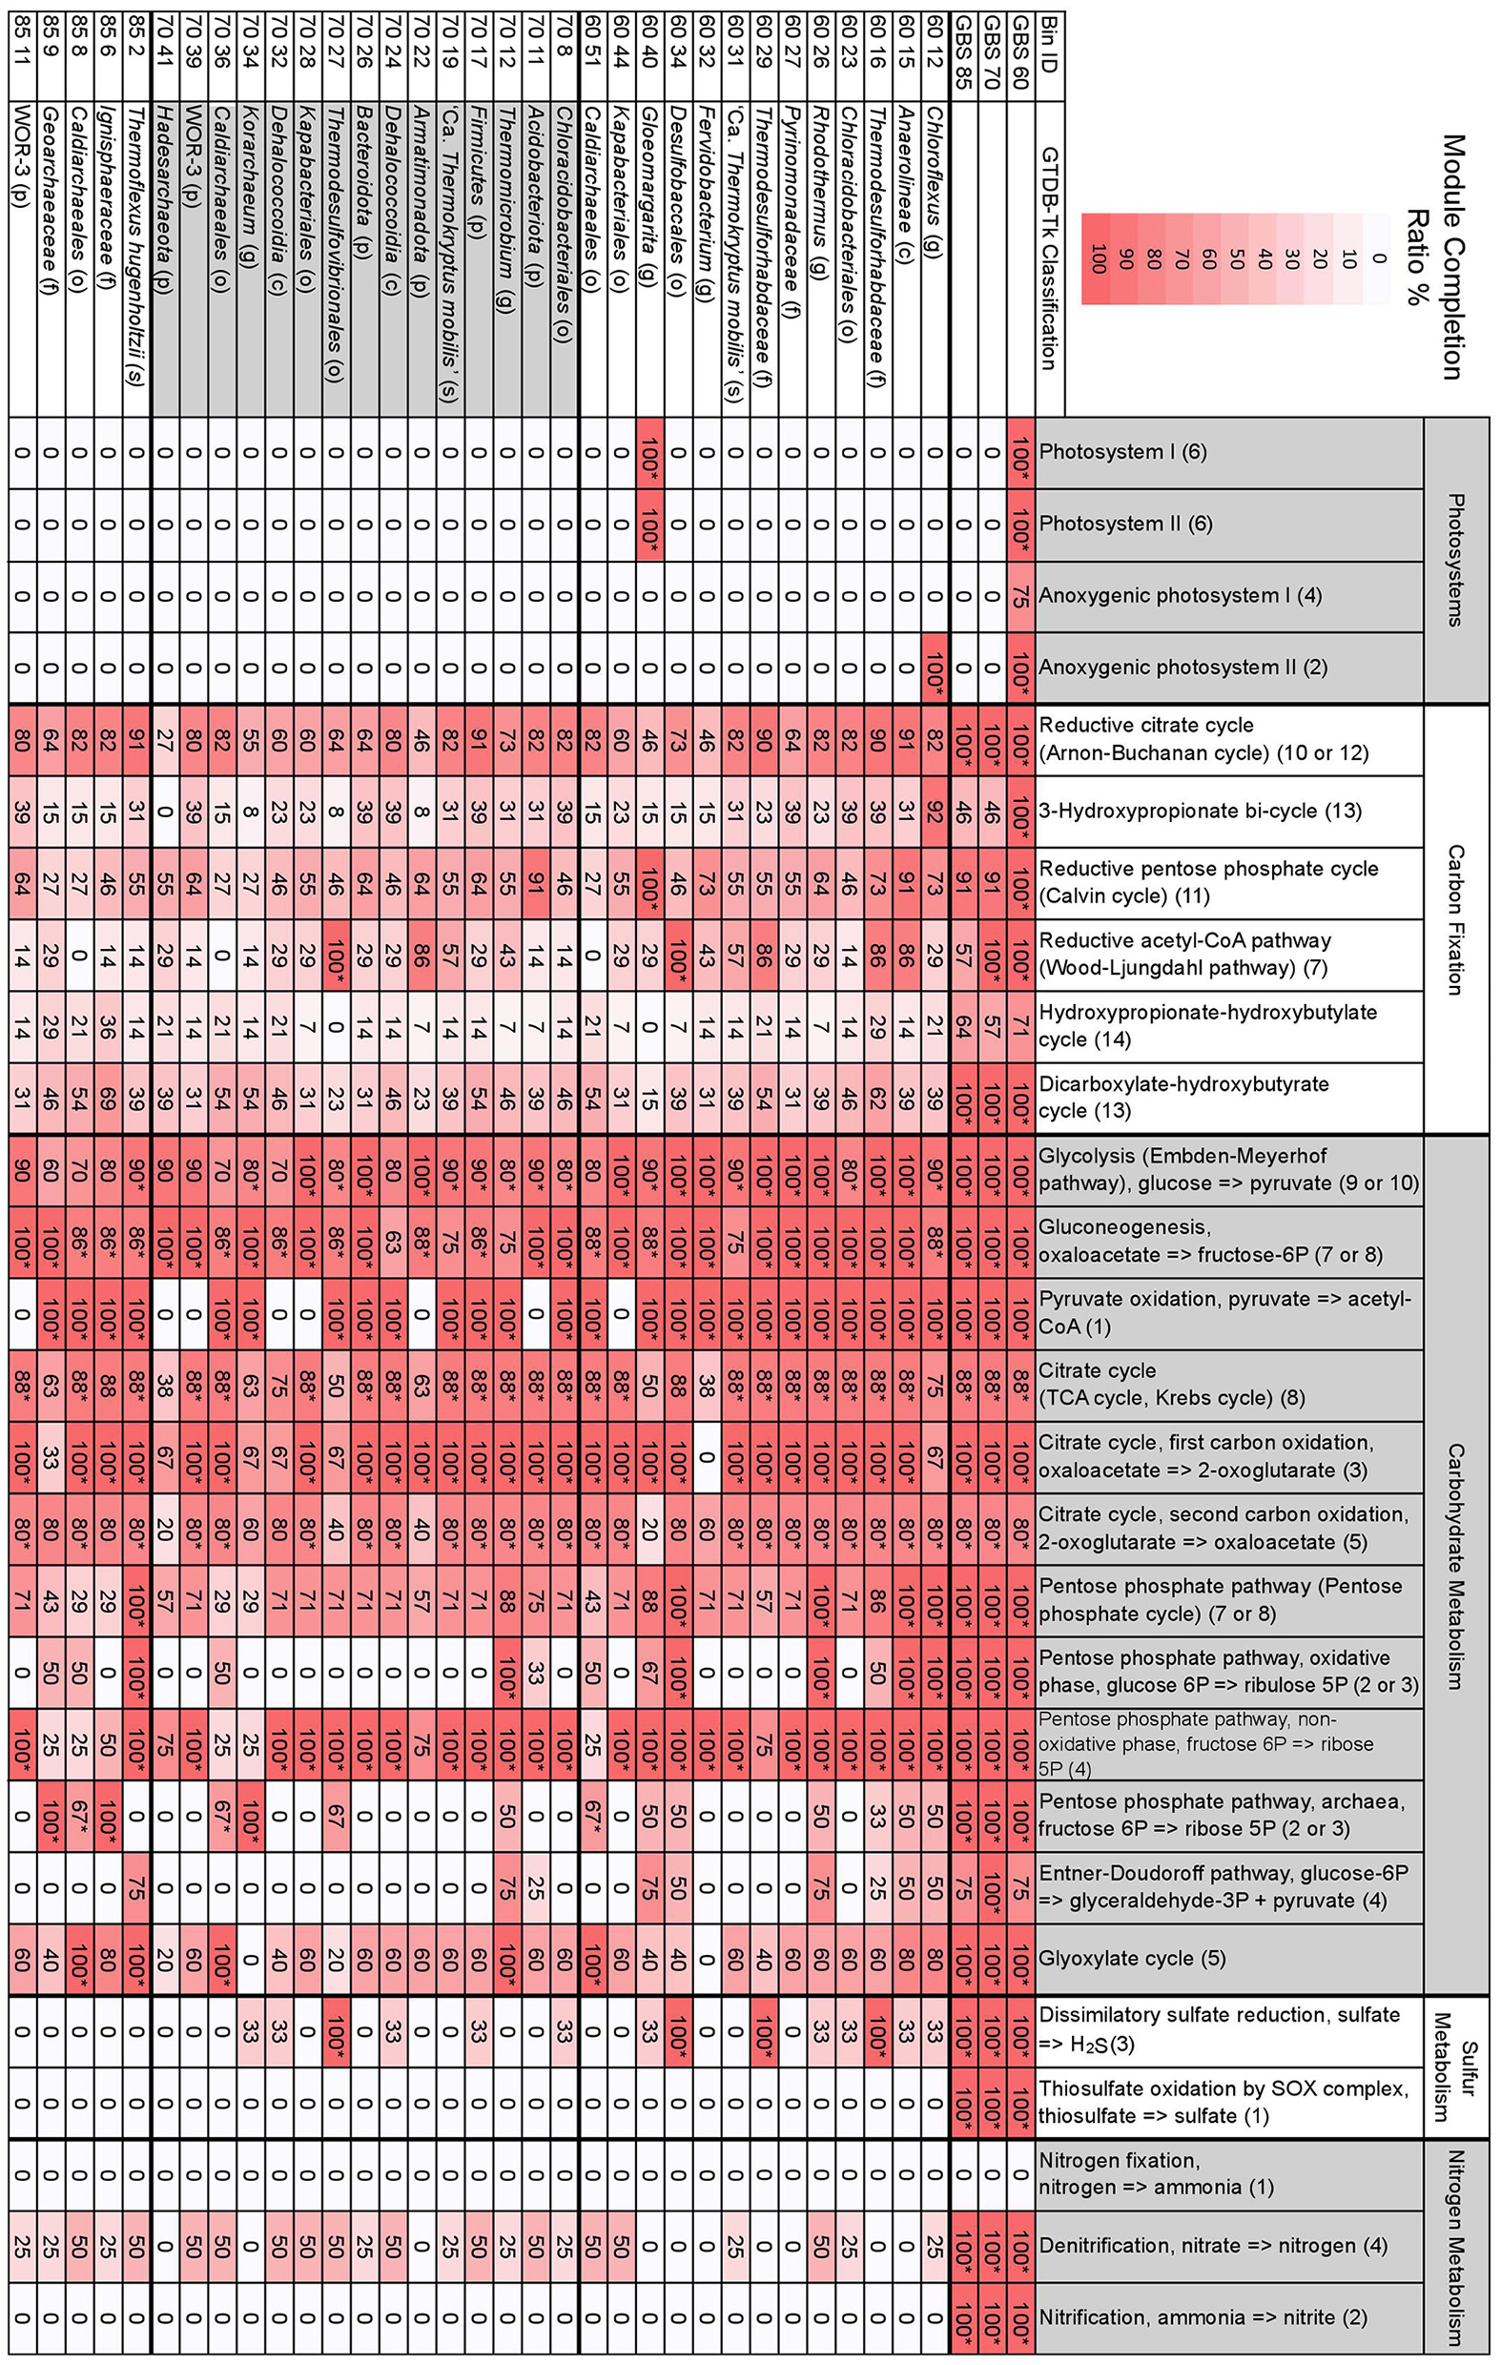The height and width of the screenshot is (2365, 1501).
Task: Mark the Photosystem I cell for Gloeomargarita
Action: [x=649, y=452]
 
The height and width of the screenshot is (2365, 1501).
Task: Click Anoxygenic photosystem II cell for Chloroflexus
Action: [x=936, y=667]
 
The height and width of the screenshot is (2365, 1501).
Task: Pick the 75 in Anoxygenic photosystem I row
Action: [x=1020, y=595]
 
